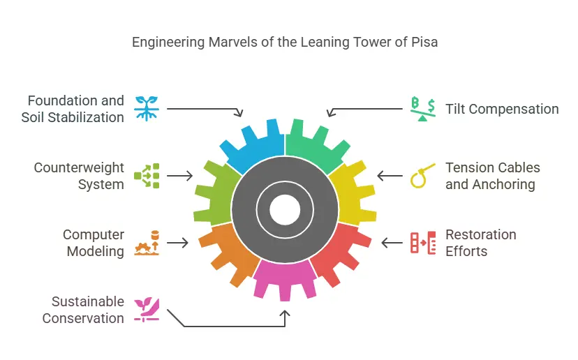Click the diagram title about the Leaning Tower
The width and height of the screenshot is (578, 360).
tap(285, 42)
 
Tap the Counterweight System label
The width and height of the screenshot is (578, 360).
tap(79, 176)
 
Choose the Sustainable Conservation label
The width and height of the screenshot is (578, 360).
tap(83, 310)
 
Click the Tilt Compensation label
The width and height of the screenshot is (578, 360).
tap(502, 109)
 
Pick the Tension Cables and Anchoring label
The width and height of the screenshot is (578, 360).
tap(492, 176)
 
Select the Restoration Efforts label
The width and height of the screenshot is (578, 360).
tap(481, 243)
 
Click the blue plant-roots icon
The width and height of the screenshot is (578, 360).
tap(147, 109)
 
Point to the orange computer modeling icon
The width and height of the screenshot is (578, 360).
tap(147, 243)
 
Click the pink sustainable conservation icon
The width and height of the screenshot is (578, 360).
tap(147, 310)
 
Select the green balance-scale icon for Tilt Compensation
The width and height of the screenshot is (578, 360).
tap(423, 109)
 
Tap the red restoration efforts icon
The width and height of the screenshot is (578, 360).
tap(423, 243)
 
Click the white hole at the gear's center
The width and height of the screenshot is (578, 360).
tap(285, 209)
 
